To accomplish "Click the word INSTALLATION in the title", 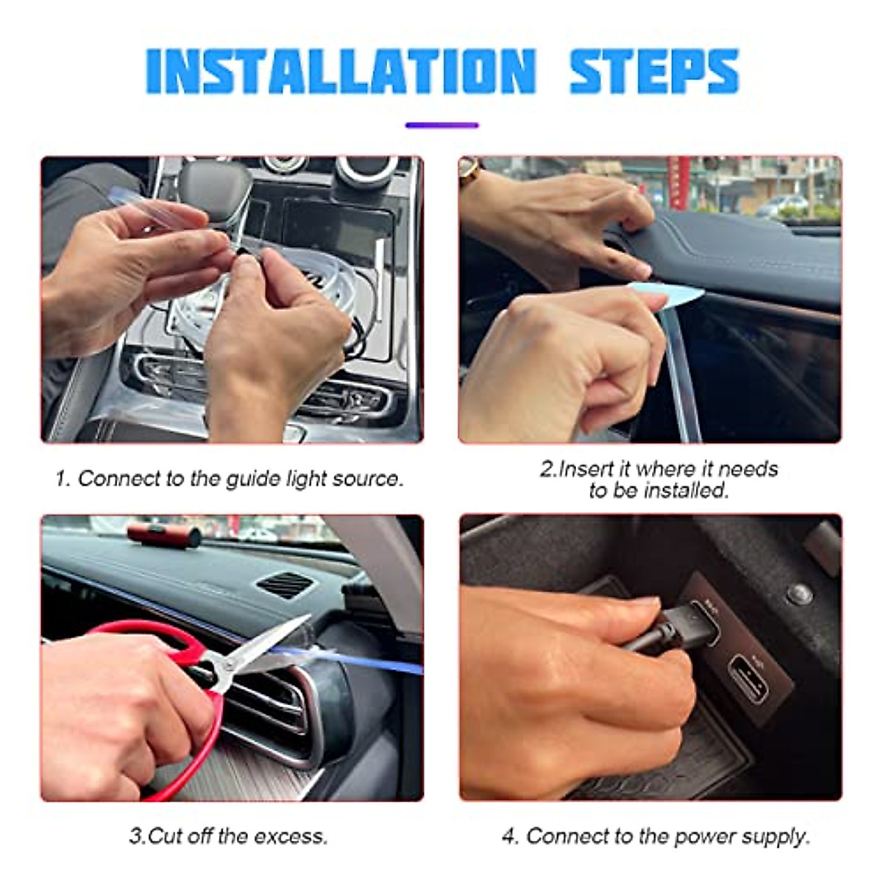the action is point(341,71).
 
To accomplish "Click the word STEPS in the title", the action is point(654,71).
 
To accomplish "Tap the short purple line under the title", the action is point(442,125).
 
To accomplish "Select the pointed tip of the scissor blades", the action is point(311,615).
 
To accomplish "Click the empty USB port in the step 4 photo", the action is point(748,678).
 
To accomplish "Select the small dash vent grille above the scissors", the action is point(284,585).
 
